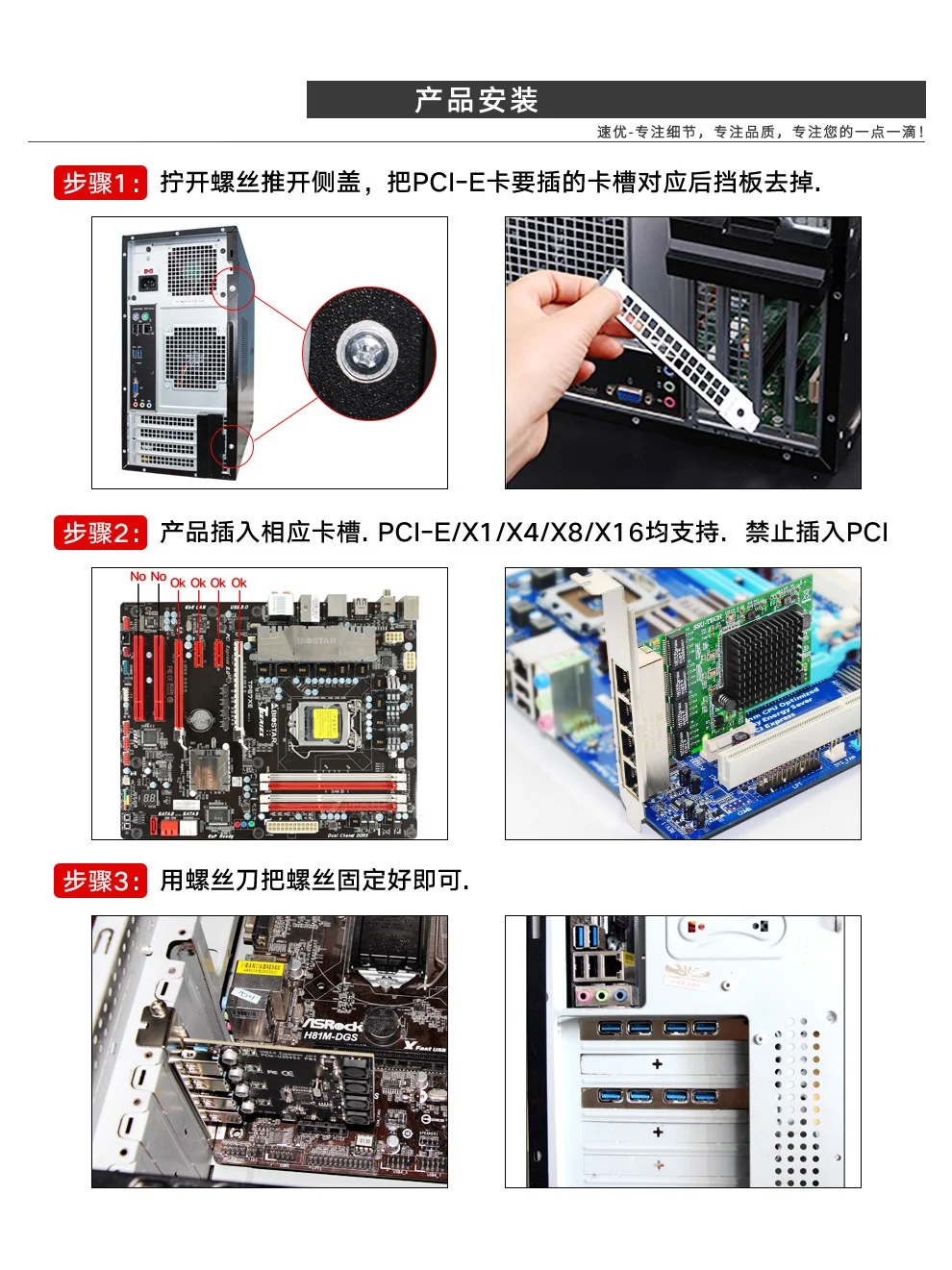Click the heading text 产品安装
coord(476,100)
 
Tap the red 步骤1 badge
coord(100,183)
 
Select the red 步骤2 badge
coord(100,532)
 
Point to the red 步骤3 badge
coord(100,881)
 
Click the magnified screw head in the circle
coord(366,353)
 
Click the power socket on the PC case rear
coord(148,282)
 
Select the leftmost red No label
coord(138,577)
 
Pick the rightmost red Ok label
coord(238,583)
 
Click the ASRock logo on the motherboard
coord(332,1024)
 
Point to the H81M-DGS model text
coord(330,1036)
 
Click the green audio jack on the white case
coord(602,996)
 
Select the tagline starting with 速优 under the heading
coord(760,132)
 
